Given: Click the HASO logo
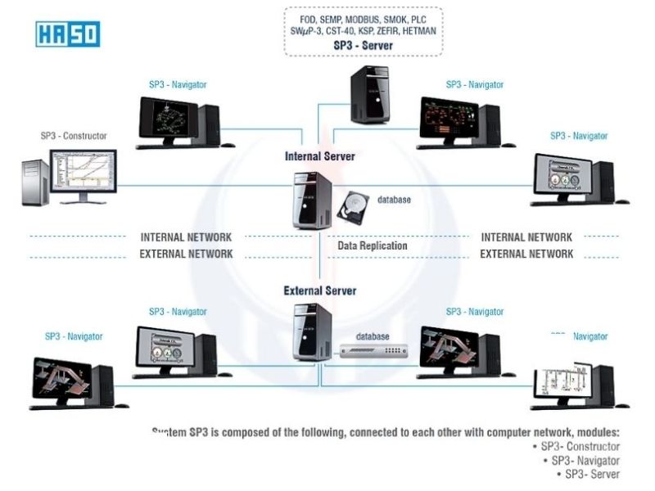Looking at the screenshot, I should (68, 34).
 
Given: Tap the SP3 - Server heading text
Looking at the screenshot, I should (363, 46).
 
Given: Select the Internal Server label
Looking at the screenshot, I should (319, 155).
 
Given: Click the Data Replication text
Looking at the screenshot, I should (373, 245).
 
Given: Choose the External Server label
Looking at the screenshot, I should (319, 291).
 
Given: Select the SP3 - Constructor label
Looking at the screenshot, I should (74, 136).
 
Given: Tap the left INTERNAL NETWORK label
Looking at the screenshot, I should (186, 237).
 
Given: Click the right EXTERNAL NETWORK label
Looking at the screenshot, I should (526, 254).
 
